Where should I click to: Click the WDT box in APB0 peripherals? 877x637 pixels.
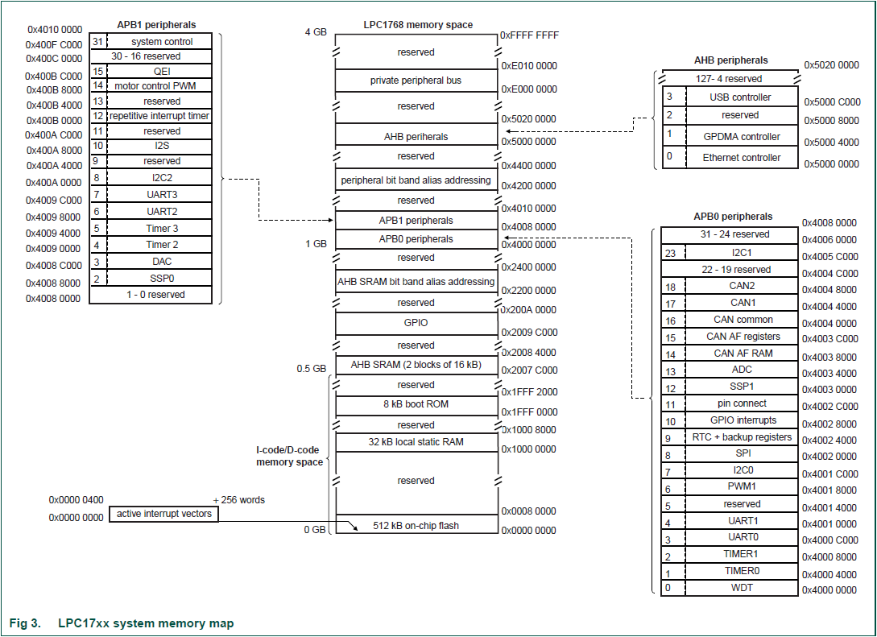coord(742,588)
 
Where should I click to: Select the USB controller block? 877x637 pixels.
coord(739,97)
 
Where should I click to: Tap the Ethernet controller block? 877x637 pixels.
coord(741,158)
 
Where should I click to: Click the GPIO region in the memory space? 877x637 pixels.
coord(416,323)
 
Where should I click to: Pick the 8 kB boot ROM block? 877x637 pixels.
coord(416,404)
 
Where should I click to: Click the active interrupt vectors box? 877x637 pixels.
coord(163,514)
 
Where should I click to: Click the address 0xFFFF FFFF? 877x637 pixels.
coord(529,35)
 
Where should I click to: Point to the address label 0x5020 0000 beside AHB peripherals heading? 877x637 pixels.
coord(831,64)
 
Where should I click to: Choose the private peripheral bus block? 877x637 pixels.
coord(416,81)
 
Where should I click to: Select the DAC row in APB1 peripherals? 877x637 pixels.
coord(162,262)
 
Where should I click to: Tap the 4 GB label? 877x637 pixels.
coord(316,32)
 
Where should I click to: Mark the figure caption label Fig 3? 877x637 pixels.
coord(25,623)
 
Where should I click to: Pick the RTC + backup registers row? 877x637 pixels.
coord(742,437)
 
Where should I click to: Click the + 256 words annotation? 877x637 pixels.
coord(238,500)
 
